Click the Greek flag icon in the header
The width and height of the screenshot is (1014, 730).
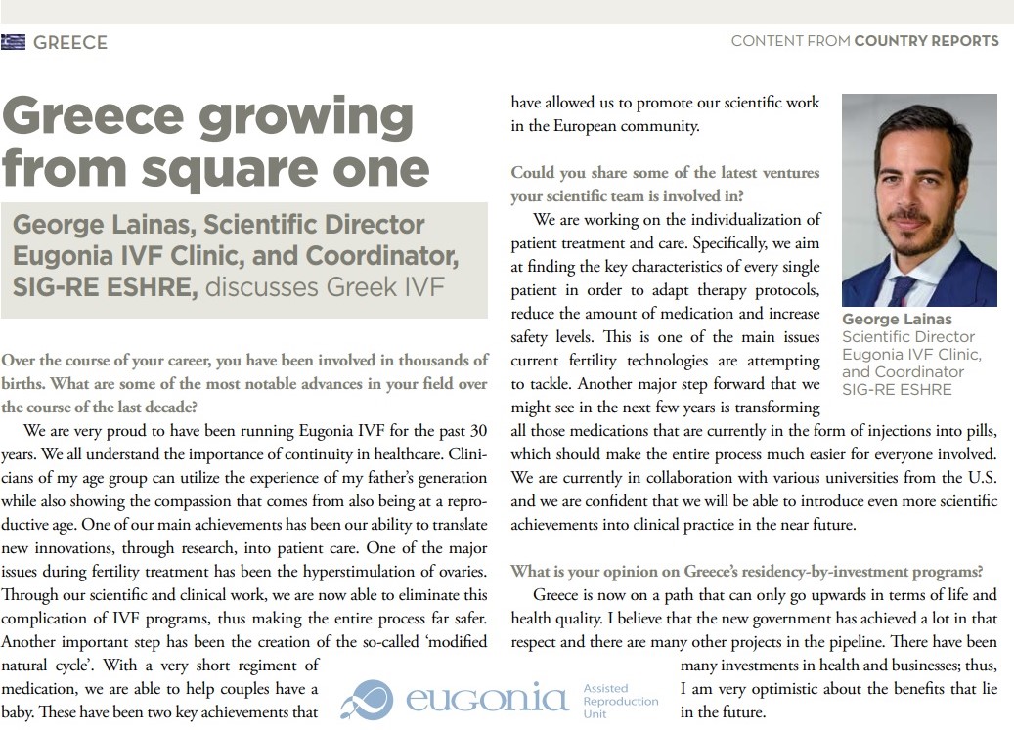point(13,42)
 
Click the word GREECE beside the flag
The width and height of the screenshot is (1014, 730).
point(69,42)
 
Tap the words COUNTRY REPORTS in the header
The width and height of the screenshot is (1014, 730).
point(926,41)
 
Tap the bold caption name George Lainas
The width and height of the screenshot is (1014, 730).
point(897,320)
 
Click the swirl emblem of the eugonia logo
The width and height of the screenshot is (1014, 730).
point(372,700)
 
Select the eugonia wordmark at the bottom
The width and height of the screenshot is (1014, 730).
point(485,700)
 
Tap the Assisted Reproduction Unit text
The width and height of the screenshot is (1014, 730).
point(620,701)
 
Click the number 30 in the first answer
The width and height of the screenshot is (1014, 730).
point(477,430)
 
